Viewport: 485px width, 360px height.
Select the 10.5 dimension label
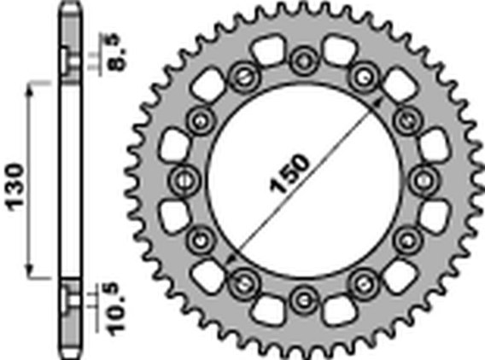point(119,309)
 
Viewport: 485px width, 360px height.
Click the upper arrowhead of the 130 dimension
point(30,87)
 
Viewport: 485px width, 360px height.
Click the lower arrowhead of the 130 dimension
point(30,272)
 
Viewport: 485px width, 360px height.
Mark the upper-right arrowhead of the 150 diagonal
point(377,103)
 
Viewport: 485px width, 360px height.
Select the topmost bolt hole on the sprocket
point(304,61)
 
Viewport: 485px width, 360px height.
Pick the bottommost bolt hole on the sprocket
point(304,299)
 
